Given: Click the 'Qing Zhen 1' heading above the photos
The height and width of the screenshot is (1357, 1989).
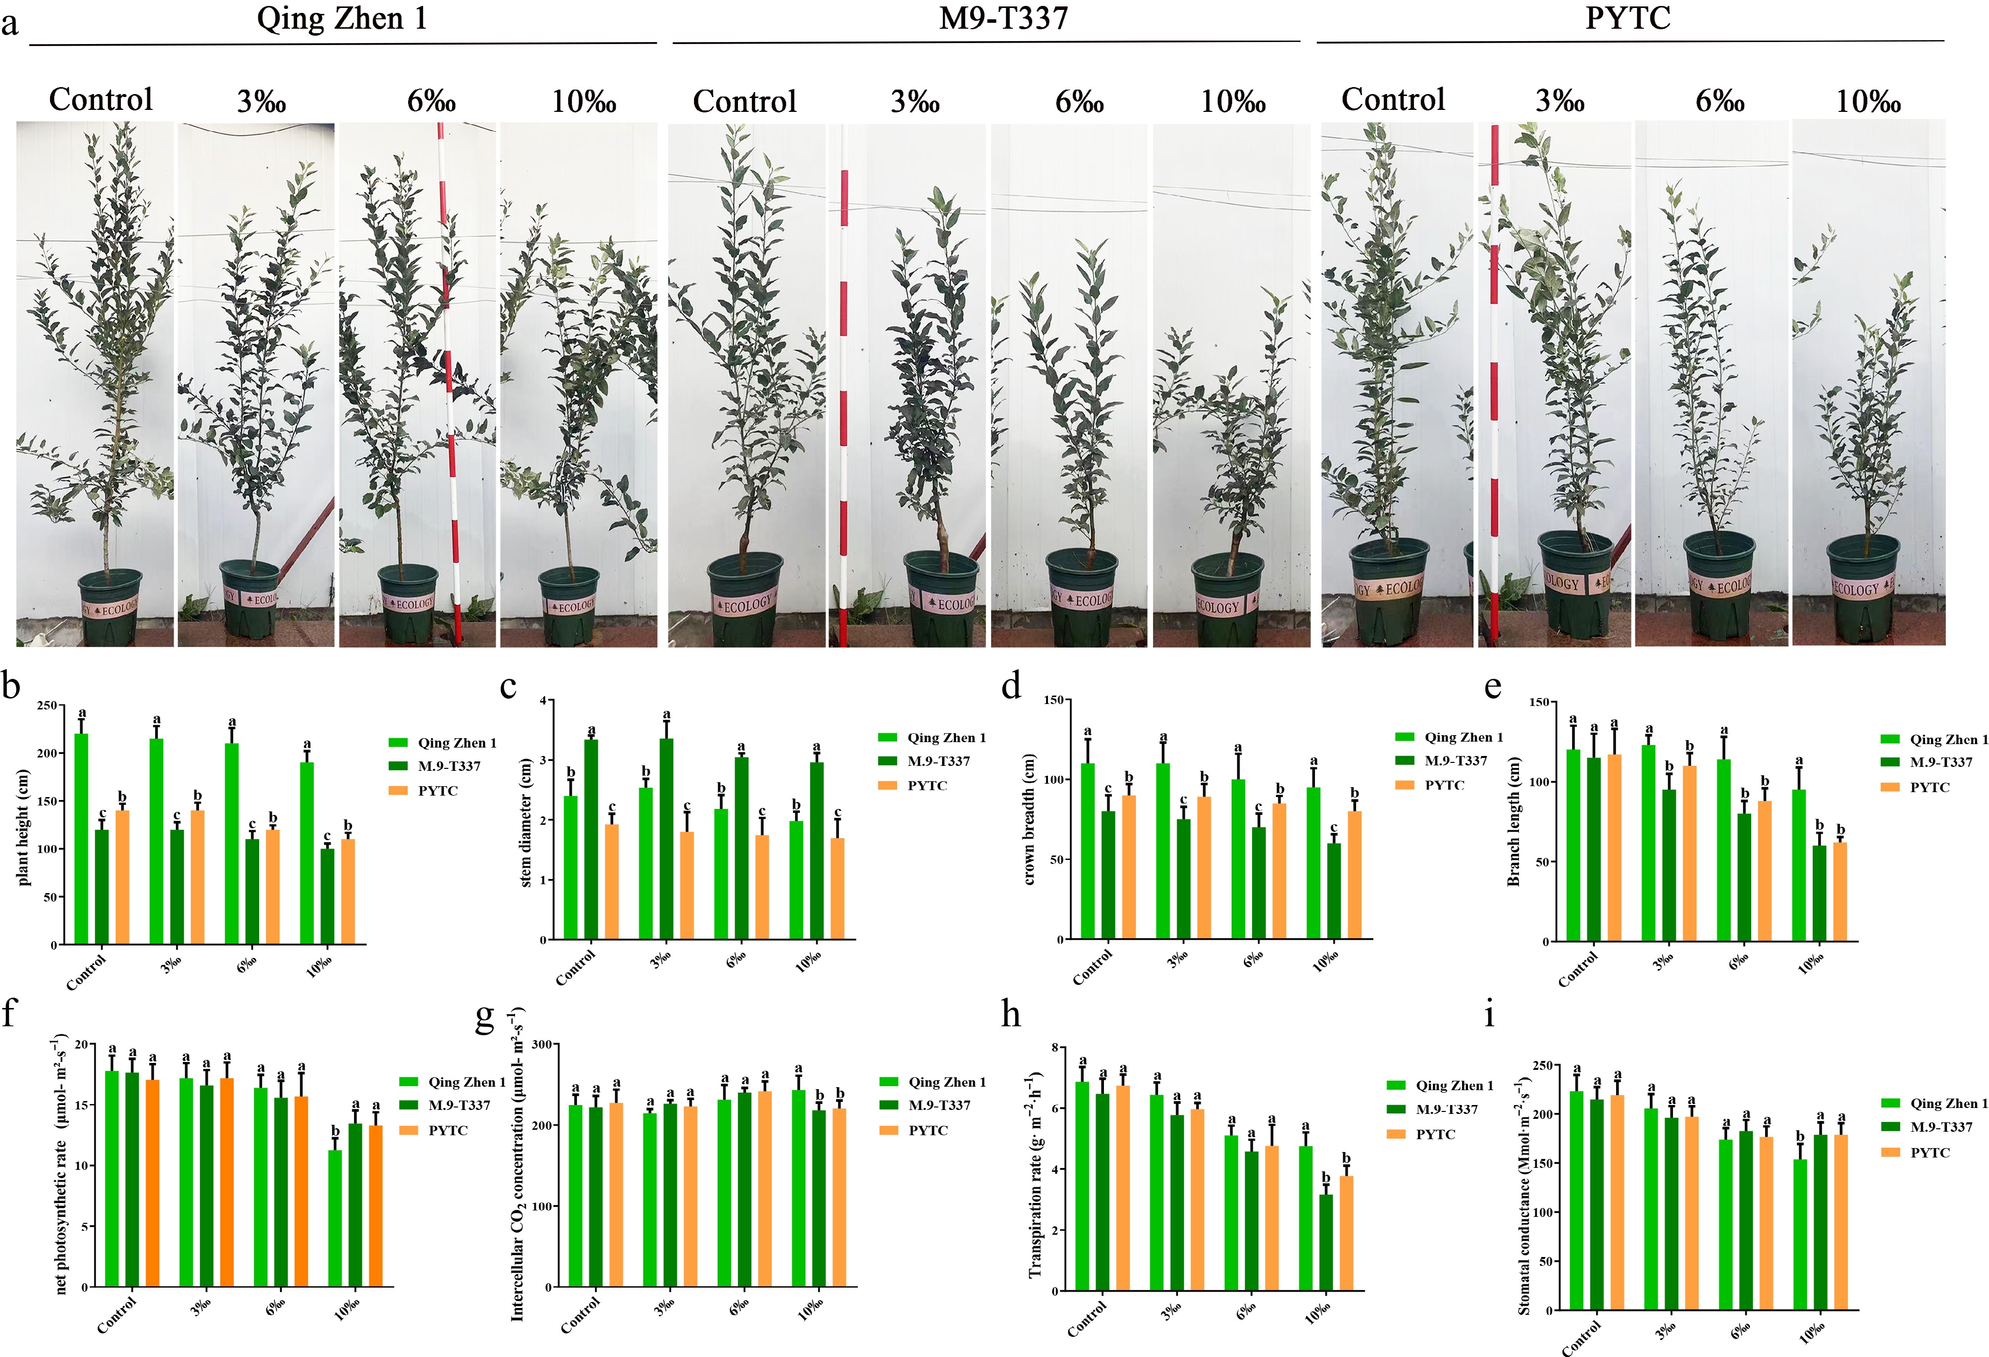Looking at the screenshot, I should tap(341, 19).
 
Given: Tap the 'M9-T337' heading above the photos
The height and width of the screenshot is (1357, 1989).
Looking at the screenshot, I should tap(1003, 19).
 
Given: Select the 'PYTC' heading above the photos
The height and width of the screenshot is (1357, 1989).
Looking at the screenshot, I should tap(1627, 19).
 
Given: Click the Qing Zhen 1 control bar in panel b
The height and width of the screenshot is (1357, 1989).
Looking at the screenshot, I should tap(81, 839).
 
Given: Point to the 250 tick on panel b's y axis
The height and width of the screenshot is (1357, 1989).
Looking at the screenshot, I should tap(47, 706).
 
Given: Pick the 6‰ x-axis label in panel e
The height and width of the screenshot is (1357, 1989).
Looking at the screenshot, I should tap(1738, 962).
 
